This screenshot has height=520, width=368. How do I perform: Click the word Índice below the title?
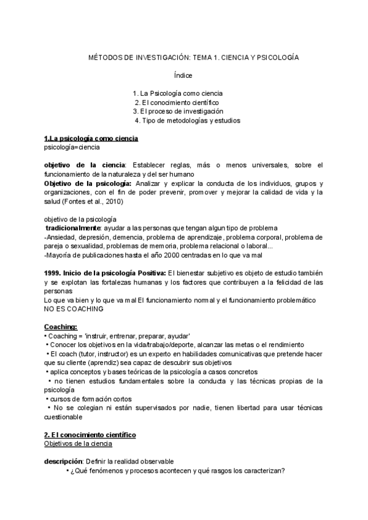(x=184, y=75)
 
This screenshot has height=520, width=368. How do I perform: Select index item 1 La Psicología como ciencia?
(x=177, y=93)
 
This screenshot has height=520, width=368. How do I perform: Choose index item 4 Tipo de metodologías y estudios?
(x=187, y=121)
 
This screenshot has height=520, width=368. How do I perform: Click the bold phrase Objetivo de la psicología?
(x=87, y=183)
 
